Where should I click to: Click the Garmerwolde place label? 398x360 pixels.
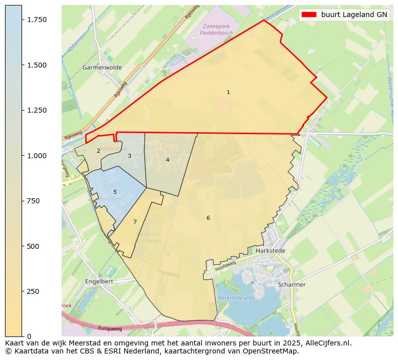(102, 67)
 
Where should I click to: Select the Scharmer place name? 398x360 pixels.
(291, 284)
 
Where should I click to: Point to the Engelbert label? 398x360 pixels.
(99, 281)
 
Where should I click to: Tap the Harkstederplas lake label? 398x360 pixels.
(237, 297)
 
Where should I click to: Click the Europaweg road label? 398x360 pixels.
(110, 328)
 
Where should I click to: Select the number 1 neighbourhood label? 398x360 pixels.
(228, 92)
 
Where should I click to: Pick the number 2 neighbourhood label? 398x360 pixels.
(98, 151)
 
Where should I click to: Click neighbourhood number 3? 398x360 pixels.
(129, 156)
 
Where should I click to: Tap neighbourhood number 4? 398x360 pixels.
(167, 160)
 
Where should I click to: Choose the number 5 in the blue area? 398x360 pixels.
(115, 192)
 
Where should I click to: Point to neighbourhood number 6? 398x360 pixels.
(208, 218)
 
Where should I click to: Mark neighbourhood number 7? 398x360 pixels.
(135, 222)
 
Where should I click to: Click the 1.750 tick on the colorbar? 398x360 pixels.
(37, 20)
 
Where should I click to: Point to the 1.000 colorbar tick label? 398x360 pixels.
(37, 156)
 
